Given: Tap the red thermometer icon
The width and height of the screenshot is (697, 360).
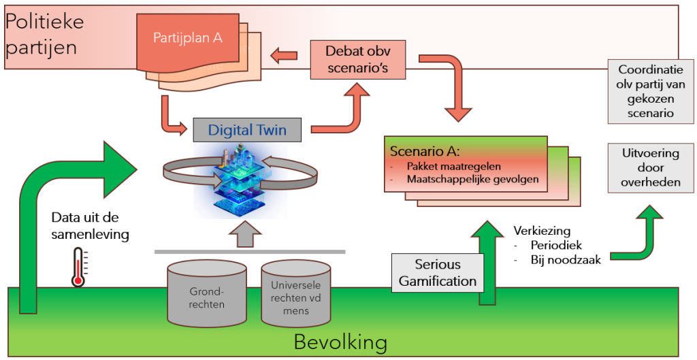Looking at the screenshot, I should (x=78, y=267).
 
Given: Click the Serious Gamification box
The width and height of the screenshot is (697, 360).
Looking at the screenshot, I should (x=438, y=272).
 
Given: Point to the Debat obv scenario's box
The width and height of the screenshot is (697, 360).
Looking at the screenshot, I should (x=357, y=59).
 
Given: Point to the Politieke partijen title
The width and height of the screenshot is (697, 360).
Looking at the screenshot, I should (x=44, y=34).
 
